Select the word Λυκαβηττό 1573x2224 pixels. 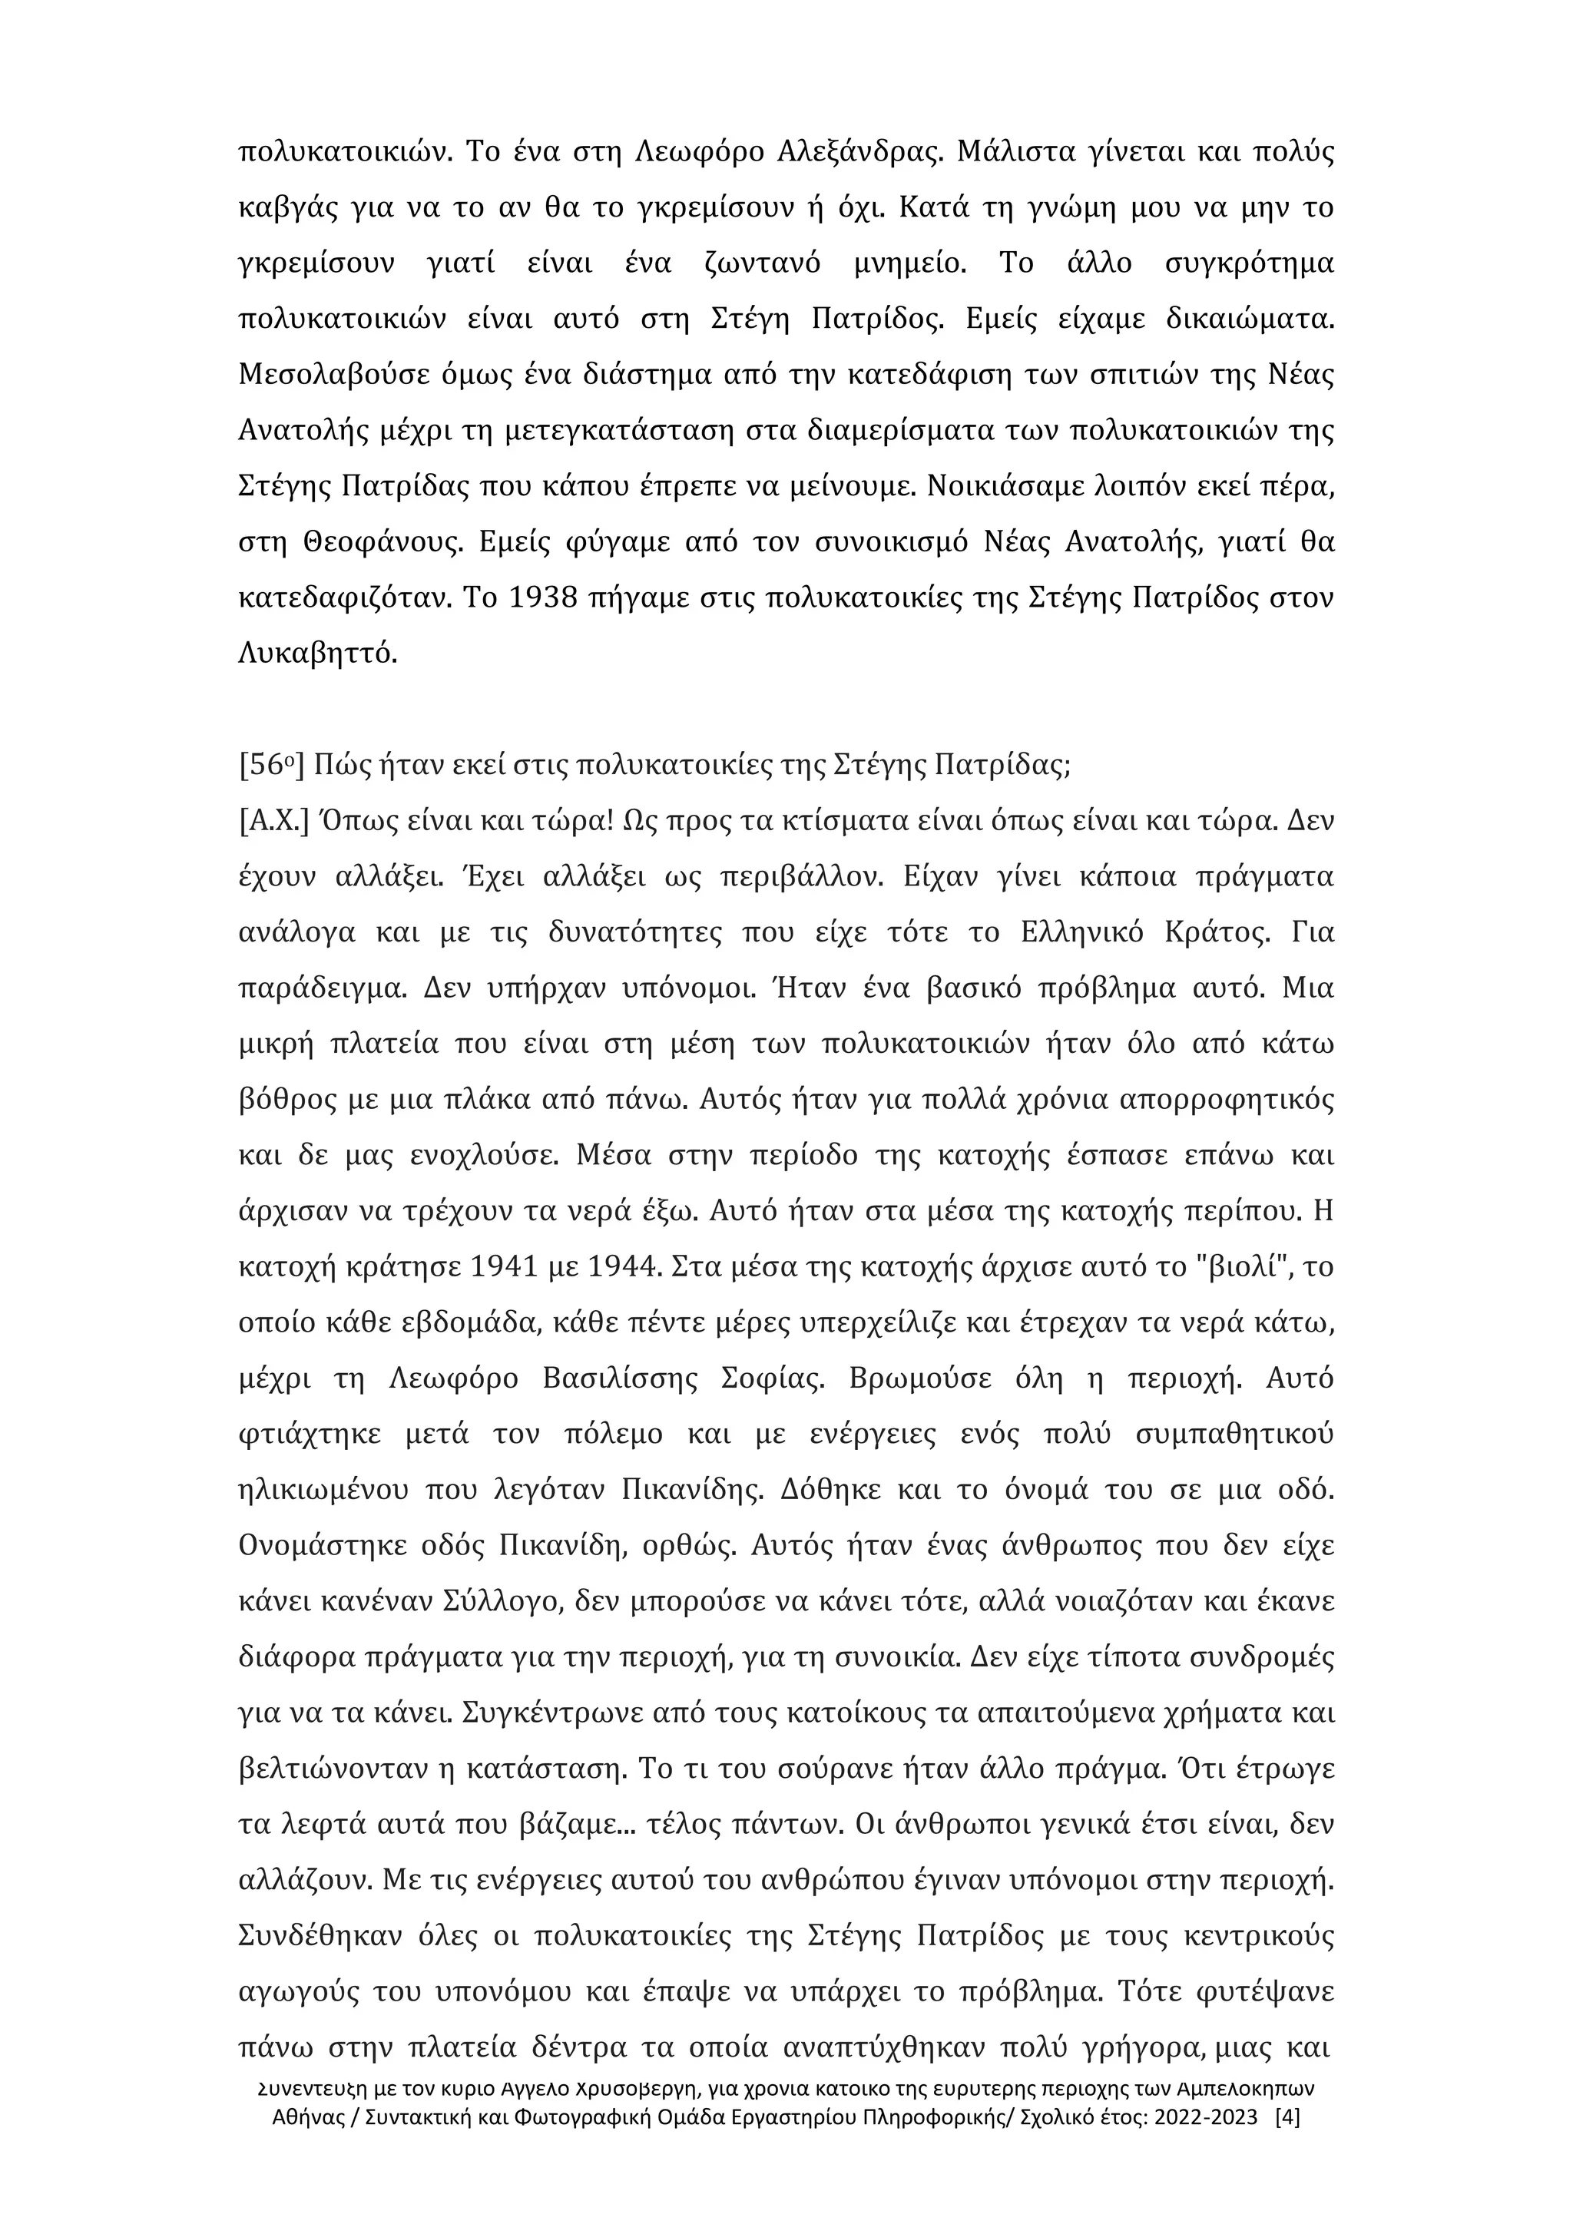pos(316,654)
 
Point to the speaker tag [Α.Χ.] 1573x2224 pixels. pos(273,822)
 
